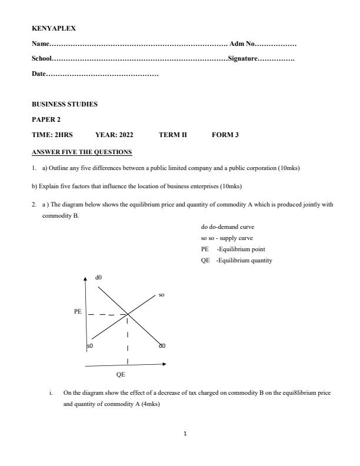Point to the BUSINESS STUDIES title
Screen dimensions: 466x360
pos(65,104)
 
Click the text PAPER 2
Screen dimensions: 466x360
pos(46,119)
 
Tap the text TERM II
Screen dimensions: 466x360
pos(173,135)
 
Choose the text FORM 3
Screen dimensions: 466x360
pos(225,135)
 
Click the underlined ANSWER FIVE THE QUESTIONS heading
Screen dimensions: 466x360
pos(82,152)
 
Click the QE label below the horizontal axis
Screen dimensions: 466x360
pos(121,374)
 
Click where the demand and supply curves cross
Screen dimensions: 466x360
pos(128,315)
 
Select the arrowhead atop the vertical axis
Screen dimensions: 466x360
pos(86,278)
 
